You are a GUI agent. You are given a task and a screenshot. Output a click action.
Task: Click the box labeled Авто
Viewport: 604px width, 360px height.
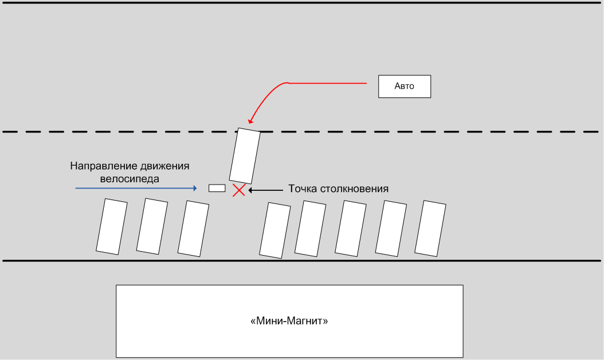click(404, 87)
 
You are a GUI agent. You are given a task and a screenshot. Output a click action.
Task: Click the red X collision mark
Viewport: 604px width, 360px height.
click(238, 190)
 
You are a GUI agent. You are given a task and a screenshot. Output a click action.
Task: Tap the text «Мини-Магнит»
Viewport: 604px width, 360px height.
click(289, 321)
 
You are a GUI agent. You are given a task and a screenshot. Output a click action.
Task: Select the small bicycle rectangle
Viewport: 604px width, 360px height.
click(217, 188)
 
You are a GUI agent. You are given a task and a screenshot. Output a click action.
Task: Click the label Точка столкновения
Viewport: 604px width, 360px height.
click(339, 189)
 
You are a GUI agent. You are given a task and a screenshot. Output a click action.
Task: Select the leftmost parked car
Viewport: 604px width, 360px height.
click(112, 226)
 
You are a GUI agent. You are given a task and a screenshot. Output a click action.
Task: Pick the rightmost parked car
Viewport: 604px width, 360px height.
click(430, 228)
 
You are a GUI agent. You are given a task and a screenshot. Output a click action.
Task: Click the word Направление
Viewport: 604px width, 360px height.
click(103, 166)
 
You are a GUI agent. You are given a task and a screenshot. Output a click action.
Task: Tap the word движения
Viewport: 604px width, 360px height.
click(164, 166)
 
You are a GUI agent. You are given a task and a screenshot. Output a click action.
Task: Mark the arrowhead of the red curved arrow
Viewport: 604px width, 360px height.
click(250, 121)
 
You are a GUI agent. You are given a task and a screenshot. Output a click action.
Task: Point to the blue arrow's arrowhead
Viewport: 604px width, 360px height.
click(195, 188)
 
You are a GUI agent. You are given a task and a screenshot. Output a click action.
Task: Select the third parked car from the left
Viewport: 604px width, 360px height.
click(193, 228)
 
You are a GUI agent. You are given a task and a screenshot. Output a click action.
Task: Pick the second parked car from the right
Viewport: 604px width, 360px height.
click(391, 228)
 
